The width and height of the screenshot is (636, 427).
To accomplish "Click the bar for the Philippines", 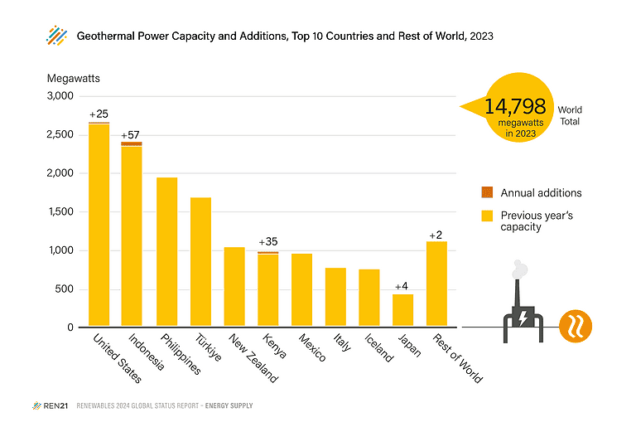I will [167, 252].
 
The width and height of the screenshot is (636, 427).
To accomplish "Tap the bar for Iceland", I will [369, 298].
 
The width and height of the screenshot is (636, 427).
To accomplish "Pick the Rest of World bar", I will [436, 284].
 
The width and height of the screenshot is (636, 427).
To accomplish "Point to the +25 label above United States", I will [99, 114].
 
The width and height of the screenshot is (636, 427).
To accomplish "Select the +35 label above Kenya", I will [268, 242].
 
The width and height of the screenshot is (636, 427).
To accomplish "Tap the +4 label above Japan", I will [403, 285].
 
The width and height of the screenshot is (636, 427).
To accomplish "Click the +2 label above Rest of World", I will [436, 235].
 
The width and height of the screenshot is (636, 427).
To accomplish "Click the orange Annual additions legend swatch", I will [487, 192].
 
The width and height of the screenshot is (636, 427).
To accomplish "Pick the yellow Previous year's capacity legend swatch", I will [487, 216].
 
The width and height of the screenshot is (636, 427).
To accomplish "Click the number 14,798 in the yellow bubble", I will [515, 107].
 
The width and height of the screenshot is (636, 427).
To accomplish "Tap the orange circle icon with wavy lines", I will [575, 327].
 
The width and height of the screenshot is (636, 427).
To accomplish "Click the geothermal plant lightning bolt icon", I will [523, 318].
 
